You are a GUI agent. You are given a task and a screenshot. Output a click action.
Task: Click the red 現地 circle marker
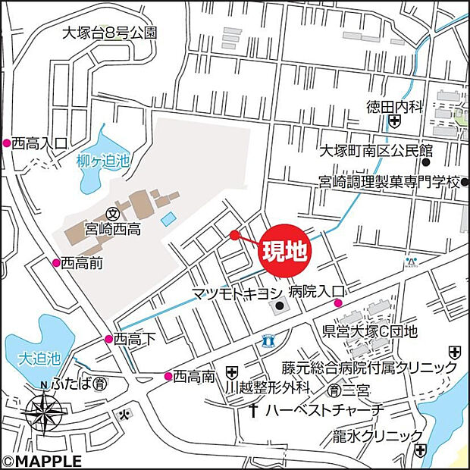(x=284, y=251)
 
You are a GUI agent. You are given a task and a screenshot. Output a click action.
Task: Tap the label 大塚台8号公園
(x=110, y=33)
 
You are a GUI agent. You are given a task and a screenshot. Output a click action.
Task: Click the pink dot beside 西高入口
(x=7, y=143)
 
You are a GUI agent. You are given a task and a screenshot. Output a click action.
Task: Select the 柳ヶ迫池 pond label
(x=104, y=161)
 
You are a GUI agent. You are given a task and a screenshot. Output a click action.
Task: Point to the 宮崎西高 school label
(x=114, y=227)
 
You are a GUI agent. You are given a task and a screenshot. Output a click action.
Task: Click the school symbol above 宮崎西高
(x=112, y=213)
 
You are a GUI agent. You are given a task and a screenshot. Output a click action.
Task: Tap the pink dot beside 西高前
(x=55, y=262)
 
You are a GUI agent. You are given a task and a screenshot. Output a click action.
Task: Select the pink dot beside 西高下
(x=108, y=339)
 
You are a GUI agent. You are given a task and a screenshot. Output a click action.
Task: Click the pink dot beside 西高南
(x=168, y=375)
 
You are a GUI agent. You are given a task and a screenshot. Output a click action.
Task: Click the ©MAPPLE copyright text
(x=42, y=460)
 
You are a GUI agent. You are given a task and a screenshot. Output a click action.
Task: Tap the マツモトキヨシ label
(x=237, y=293)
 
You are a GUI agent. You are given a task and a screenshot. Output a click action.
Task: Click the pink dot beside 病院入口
(x=338, y=304)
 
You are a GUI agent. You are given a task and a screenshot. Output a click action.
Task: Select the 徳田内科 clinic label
(x=393, y=107)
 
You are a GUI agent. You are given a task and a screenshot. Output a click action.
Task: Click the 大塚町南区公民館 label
(x=375, y=150)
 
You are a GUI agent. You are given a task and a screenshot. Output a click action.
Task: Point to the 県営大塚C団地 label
(x=370, y=331)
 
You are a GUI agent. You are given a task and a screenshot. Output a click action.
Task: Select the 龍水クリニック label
(x=377, y=436)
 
